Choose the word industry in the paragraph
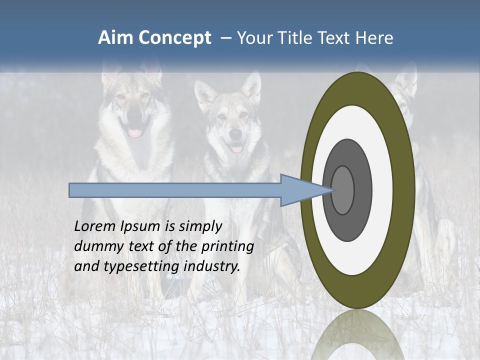pyautogui.click(x=212, y=266)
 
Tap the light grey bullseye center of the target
pyautogui.click(x=343, y=190)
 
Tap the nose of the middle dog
pyautogui.click(x=235, y=134)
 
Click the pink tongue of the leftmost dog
pyautogui.click(x=135, y=132)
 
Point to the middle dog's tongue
pyautogui.click(x=236, y=148)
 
